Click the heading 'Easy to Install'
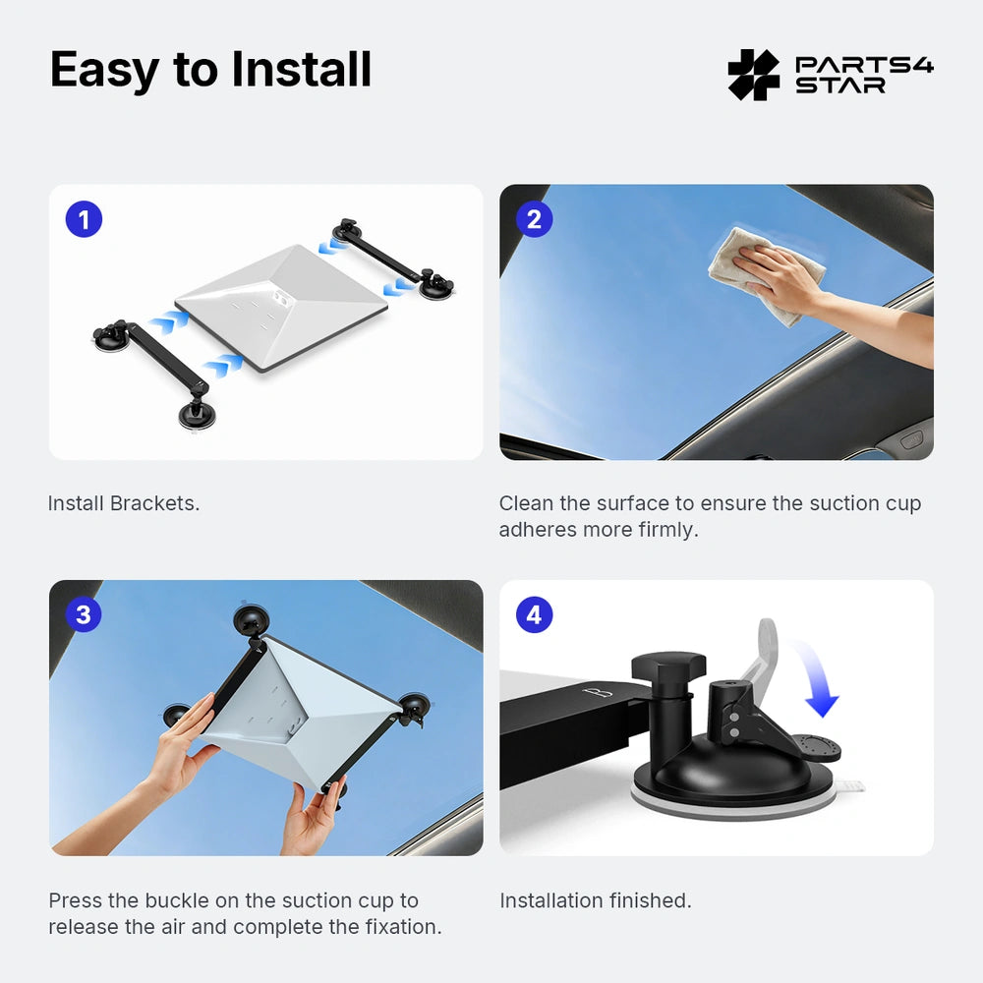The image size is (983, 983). click(210, 70)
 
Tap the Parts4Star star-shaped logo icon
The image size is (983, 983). click(753, 75)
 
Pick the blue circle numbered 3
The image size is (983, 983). click(84, 615)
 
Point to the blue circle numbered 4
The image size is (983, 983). click(534, 615)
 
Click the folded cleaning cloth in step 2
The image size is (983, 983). click(747, 270)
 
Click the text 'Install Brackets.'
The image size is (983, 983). click(124, 503)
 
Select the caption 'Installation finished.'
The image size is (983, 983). click(595, 900)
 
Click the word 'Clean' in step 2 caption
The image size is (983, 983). click(526, 503)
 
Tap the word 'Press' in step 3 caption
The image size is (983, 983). click(74, 900)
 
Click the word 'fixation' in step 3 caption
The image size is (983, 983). click(401, 927)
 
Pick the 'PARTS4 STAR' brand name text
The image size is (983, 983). click(863, 75)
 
